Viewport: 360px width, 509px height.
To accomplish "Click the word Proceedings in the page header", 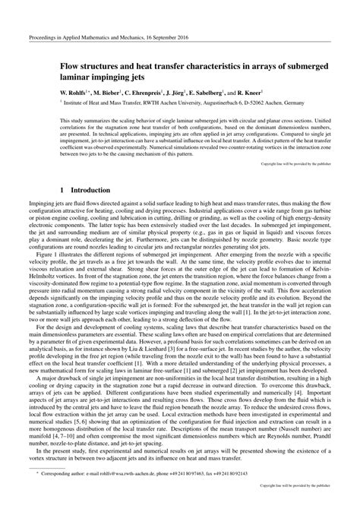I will click(x=43, y=36).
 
